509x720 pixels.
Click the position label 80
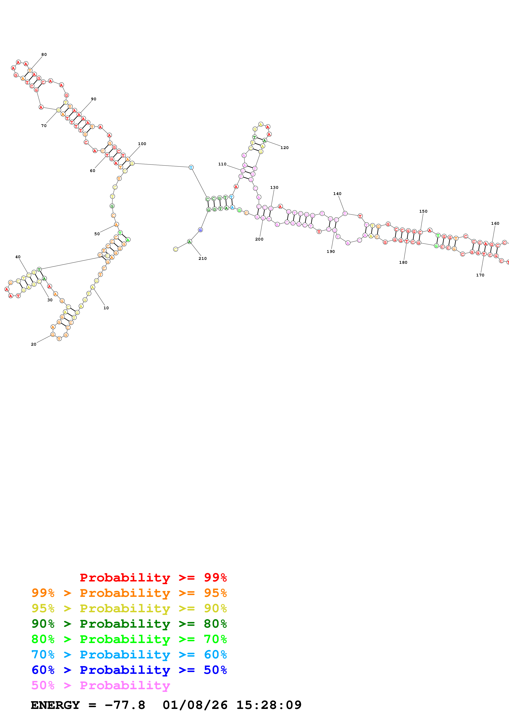44,55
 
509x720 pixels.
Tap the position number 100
142,144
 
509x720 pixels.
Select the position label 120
284,148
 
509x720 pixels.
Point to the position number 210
203,259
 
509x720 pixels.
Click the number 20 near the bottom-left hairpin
33,344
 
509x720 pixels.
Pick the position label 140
337,194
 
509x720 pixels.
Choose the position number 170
480,275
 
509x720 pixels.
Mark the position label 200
259,239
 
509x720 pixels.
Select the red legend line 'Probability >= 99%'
153,578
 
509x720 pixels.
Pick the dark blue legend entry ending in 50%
129,670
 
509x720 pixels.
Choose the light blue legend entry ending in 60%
129,655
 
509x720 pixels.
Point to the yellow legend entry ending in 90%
129,608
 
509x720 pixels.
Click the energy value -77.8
125,705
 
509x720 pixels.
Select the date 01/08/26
195,705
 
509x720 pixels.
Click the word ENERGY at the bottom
55,705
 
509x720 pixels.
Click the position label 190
331,251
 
